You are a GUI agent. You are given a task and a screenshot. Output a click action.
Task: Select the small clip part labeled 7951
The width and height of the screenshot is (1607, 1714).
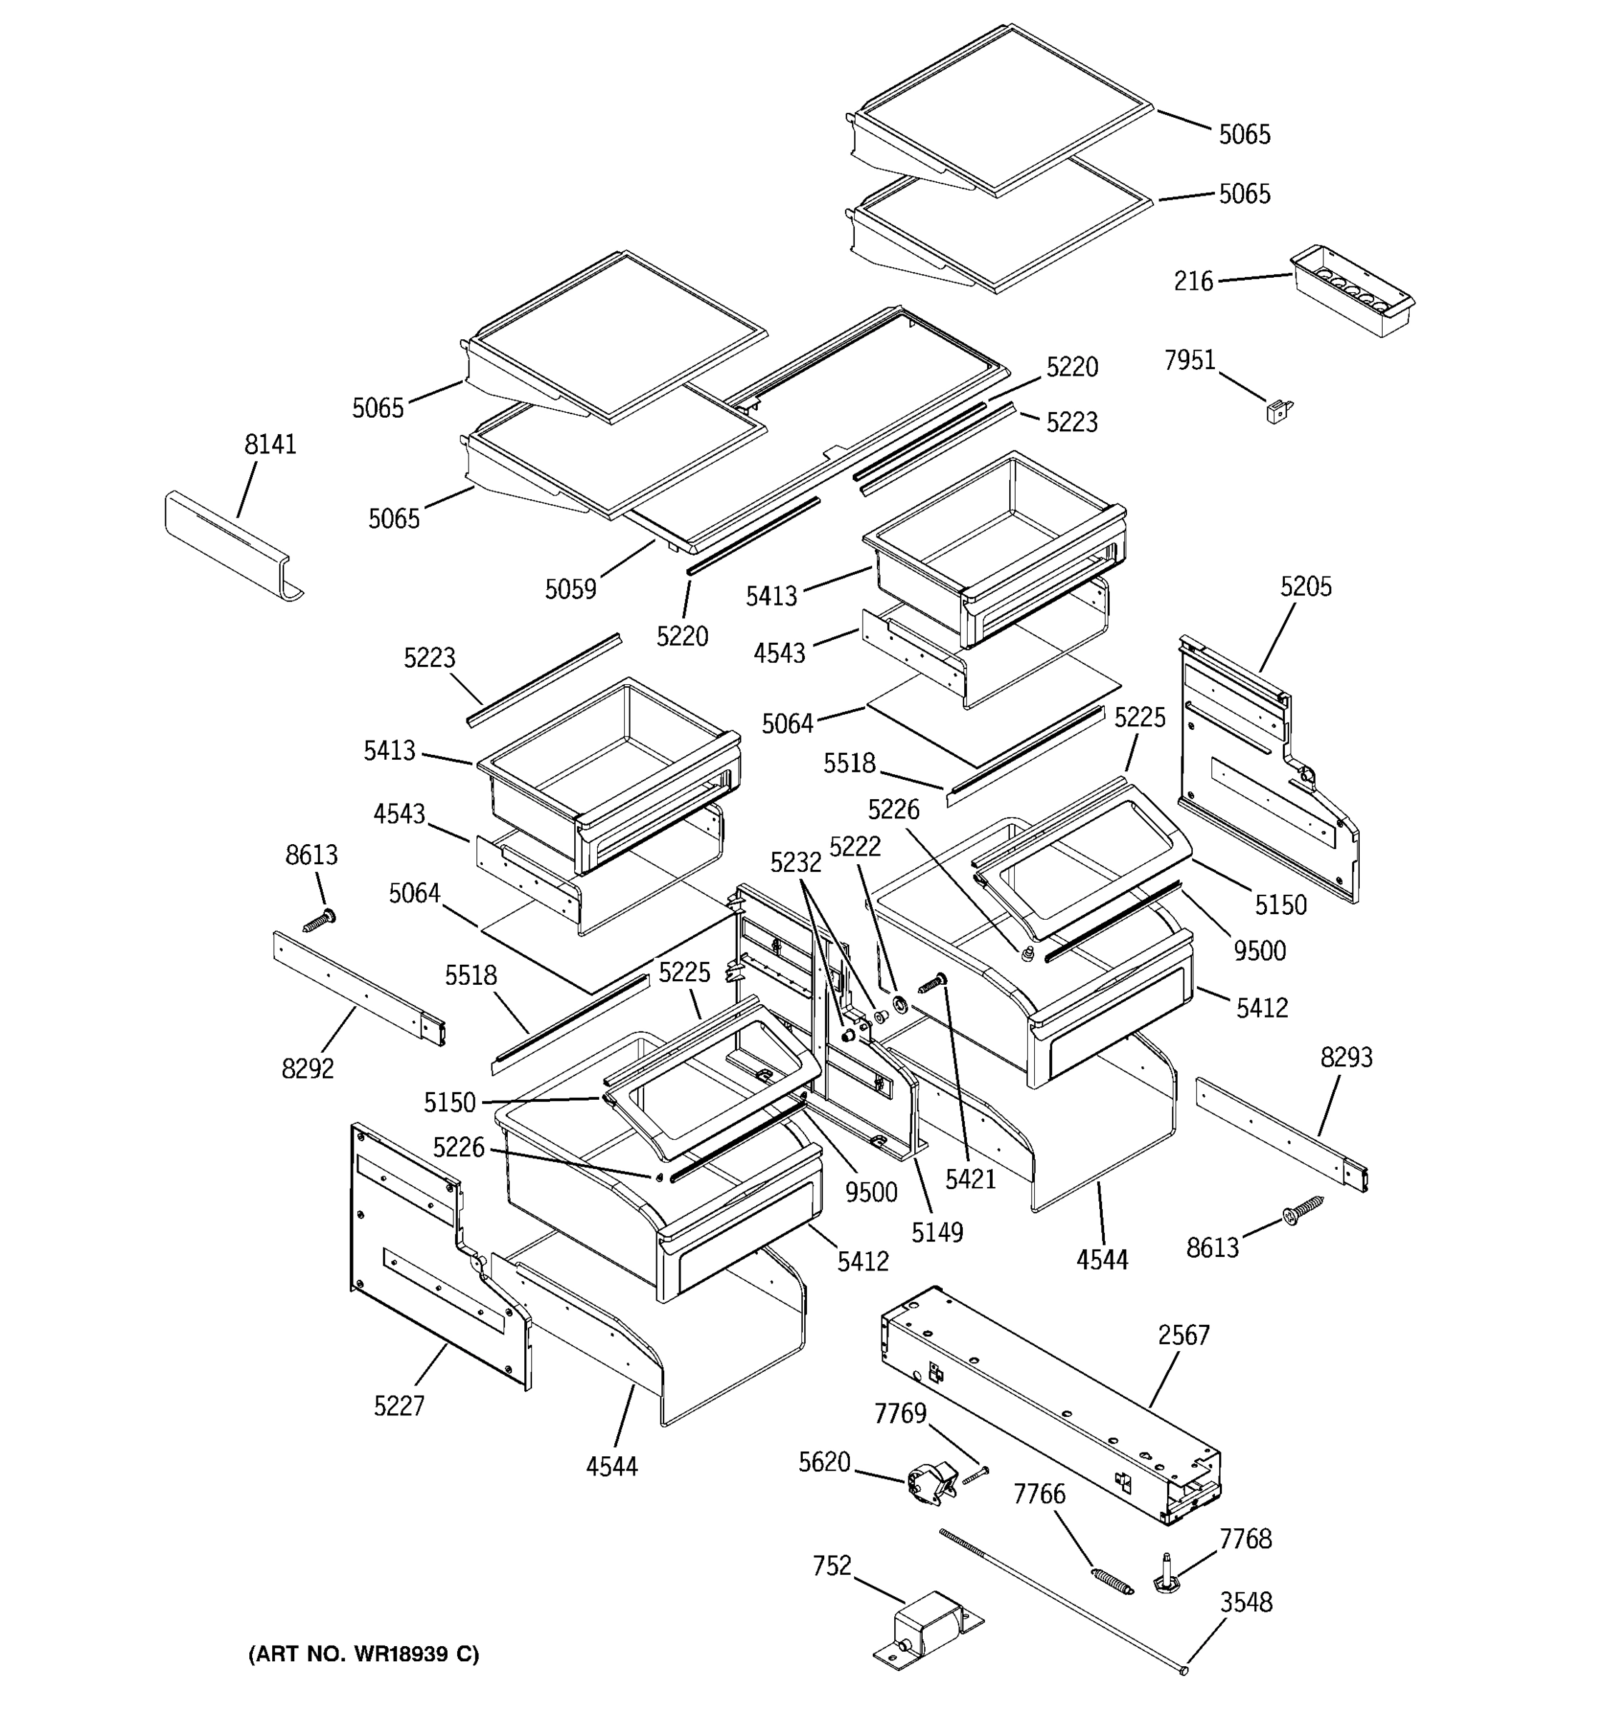click(x=1278, y=411)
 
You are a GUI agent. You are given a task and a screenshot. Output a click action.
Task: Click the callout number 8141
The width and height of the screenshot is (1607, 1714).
click(x=270, y=445)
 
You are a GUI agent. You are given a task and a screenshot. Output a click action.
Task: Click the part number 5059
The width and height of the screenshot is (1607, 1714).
click(x=570, y=590)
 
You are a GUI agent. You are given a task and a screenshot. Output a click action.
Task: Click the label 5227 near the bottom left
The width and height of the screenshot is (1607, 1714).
click(x=399, y=1406)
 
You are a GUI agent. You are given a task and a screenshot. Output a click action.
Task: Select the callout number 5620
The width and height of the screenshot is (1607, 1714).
click(x=824, y=1462)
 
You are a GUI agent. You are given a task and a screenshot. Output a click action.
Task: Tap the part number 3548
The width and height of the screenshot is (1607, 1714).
click(x=1246, y=1602)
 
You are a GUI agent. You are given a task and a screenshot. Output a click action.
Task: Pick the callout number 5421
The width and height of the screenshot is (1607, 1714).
click(x=970, y=1178)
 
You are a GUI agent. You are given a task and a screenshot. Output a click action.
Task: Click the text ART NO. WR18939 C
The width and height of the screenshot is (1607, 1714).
click(x=364, y=1653)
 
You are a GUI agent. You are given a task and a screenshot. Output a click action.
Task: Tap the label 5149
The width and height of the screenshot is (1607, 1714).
click(x=937, y=1232)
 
